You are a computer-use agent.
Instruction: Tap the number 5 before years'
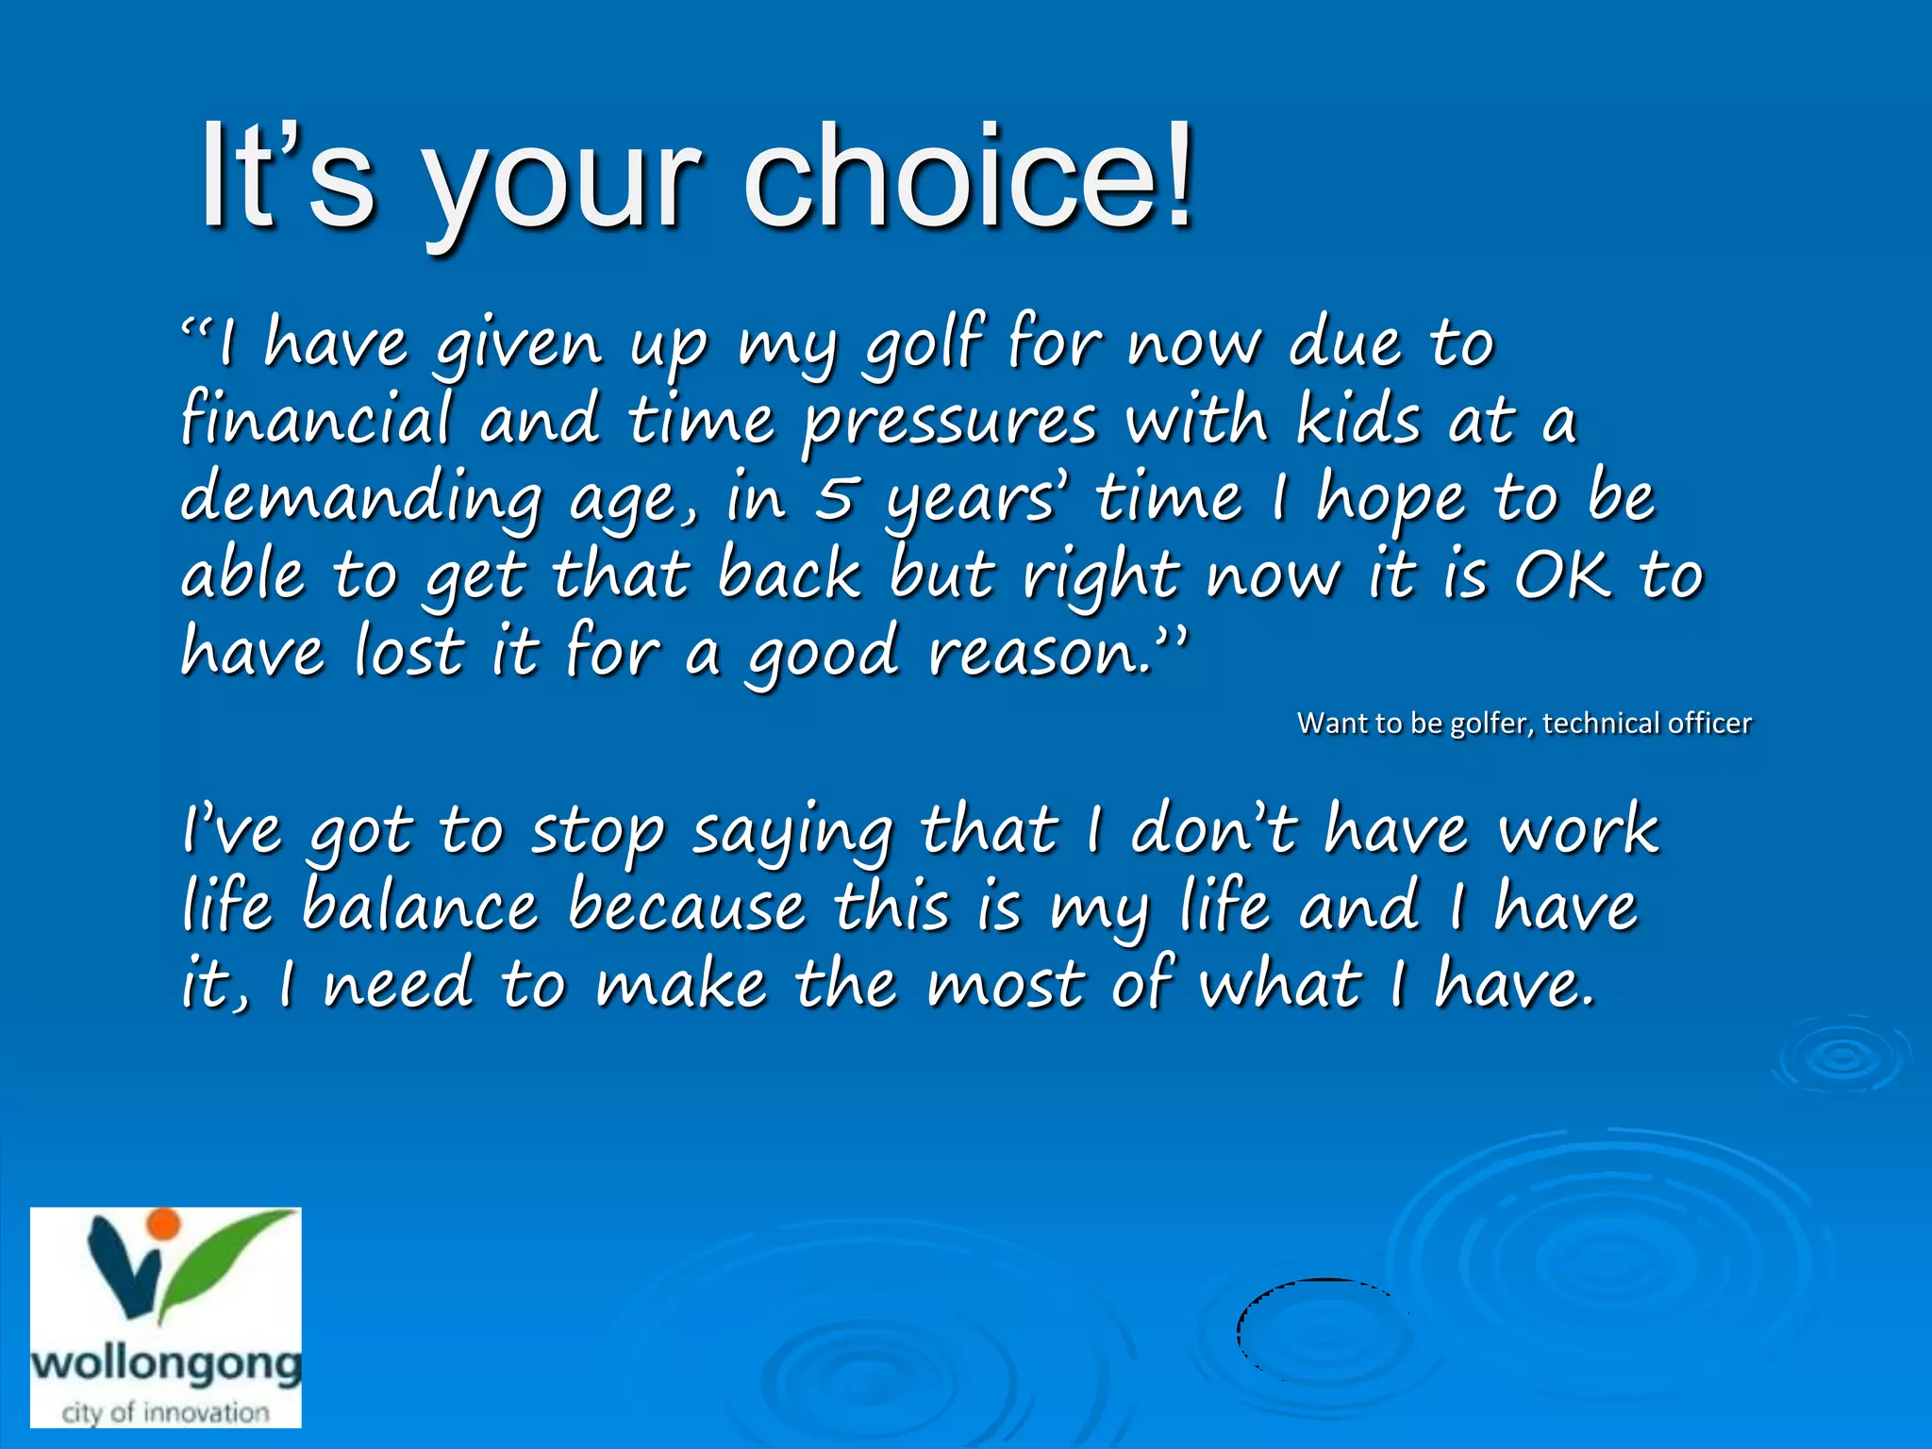click(834, 498)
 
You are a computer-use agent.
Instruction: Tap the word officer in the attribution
click(1708, 724)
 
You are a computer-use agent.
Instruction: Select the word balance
click(420, 907)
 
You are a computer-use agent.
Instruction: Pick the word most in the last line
click(1005, 984)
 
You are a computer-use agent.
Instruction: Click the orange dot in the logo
click(164, 1223)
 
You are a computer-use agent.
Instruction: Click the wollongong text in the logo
click(166, 1364)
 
